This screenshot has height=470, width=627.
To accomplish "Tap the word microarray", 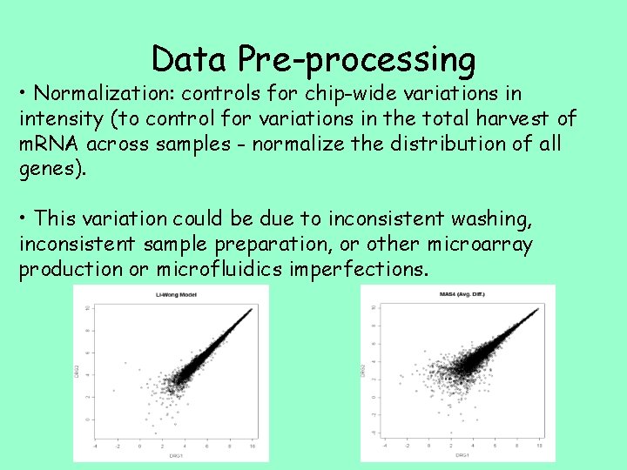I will coord(483,244).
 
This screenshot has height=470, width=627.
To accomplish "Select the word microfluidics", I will coord(219,269).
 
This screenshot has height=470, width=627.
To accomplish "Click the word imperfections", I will coord(356,269).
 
